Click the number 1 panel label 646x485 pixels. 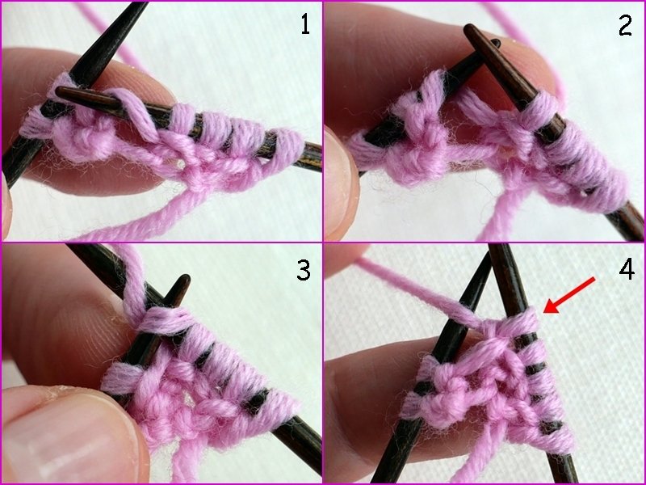pyautogui.click(x=305, y=25)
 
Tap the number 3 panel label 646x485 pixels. pyautogui.click(x=304, y=271)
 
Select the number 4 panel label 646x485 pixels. pyautogui.click(x=627, y=271)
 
